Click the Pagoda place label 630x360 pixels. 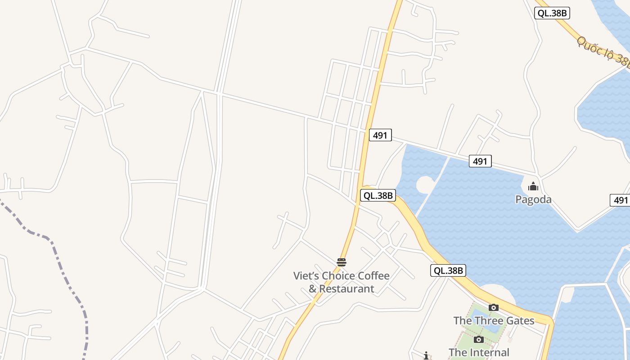pos(533,199)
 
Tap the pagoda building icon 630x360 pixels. pos(533,186)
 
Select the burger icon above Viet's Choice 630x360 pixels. pos(342,262)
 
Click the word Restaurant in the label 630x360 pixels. pos(347,289)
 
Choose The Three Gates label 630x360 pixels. pos(494,320)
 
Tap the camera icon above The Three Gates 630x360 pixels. pos(494,308)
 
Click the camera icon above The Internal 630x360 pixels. pos(479,339)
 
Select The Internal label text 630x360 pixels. pos(479,352)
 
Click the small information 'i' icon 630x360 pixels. pos(426,355)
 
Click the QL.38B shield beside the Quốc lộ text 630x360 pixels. pos(552,13)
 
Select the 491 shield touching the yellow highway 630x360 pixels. pos(380,135)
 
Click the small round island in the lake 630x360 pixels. pos(425,184)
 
